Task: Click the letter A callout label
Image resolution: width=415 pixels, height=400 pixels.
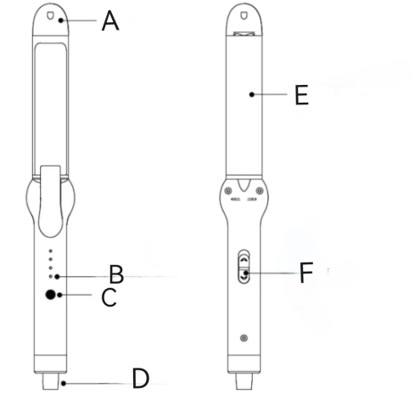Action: pyautogui.click(x=110, y=20)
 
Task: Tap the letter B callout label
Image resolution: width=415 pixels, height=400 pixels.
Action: pyautogui.click(x=116, y=274)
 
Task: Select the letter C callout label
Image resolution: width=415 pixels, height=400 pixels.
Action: pyautogui.click(x=109, y=297)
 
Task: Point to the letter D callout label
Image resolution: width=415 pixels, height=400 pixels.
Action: pyautogui.click(x=140, y=379)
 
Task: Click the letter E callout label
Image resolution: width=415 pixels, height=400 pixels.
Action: pyautogui.click(x=301, y=95)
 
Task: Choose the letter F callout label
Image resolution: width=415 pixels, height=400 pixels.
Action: pyautogui.click(x=306, y=273)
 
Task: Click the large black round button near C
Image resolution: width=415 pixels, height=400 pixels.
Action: pyautogui.click(x=50, y=295)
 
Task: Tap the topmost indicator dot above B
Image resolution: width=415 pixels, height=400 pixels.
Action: pyautogui.click(x=51, y=251)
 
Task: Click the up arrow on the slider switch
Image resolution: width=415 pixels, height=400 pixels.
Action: pyautogui.click(x=244, y=258)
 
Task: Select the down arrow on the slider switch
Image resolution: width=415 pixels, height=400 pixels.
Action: pyautogui.click(x=244, y=279)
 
